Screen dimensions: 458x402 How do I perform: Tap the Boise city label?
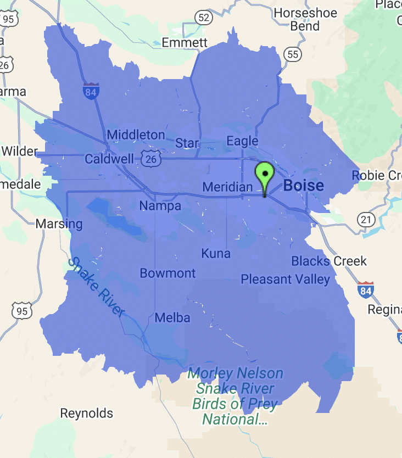(x=303, y=186)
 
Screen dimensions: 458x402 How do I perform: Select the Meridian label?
(x=227, y=187)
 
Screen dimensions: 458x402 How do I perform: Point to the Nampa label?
(x=160, y=206)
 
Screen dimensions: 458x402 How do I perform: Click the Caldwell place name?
(x=109, y=159)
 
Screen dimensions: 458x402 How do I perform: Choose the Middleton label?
(x=136, y=135)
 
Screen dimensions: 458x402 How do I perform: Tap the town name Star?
(x=187, y=143)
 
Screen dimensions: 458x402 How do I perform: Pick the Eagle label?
(x=242, y=141)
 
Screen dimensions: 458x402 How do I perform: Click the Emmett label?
(x=185, y=42)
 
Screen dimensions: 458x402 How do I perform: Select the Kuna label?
(x=216, y=254)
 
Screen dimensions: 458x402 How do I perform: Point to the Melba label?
(x=172, y=317)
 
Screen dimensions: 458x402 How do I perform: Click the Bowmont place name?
(x=168, y=273)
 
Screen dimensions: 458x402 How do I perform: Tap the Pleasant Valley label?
(x=286, y=280)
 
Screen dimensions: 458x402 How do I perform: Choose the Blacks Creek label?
(x=329, y=261)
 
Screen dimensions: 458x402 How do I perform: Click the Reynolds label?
(x=86, y=413)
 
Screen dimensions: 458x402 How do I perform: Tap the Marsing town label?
(x=59, y=224)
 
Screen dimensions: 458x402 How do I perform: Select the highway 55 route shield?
(x=293, y=54)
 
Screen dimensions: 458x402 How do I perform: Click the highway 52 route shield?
(x=204, y=18)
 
